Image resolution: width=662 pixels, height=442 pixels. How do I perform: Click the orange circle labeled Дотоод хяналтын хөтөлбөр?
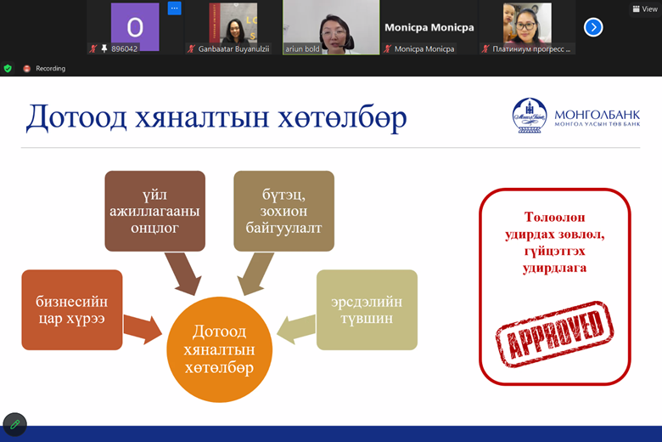pos(220,349)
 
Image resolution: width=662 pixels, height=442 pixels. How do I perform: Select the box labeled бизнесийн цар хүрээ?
pos(72,309)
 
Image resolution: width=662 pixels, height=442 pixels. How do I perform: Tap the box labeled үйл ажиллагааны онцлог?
pos(155,211)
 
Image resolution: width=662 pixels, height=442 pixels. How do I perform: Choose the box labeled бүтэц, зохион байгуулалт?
pos(283,211)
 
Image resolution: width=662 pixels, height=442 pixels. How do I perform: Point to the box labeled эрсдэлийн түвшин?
pos(367,309)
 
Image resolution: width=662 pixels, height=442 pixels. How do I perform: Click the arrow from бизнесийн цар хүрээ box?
pos(143,329)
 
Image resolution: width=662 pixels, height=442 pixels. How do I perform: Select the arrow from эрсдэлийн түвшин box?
pos(296,329)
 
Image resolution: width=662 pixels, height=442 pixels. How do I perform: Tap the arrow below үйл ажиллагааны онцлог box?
pos(182,274)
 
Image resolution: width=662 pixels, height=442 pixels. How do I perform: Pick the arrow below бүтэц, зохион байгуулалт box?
pos(255,274)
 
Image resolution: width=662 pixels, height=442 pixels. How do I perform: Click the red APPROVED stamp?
pos(555,334)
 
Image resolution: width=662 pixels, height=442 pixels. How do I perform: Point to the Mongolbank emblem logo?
pos(530,116)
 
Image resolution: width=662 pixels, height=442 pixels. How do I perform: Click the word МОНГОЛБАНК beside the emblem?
pos(597,115)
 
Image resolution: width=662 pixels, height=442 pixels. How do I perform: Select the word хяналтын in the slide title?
pos(202,117)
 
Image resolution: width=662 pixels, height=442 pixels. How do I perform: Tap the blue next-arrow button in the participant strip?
pos(593,27)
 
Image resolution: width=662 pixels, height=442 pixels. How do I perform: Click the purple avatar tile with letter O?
pos(135,26)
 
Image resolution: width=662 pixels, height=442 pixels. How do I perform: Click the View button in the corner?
pos(645,8)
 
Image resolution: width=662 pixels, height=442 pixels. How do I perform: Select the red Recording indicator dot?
pos(27,69)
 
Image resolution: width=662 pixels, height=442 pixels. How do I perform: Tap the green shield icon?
pos(8,68)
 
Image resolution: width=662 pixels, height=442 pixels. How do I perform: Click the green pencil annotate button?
pos(14,424)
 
